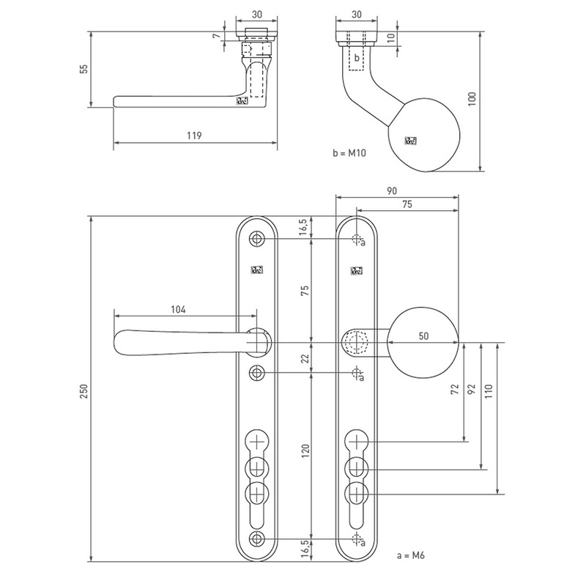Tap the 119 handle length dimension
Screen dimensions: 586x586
pos(194,136)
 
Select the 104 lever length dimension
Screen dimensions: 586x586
pos(179,310)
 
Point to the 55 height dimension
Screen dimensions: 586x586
pos(84,69)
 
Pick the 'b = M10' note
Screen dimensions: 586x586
pos(349,154)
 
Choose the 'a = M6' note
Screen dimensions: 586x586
pos(409,555)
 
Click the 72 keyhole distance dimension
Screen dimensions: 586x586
pos(455,388)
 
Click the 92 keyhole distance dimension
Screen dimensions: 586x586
pos(472,388)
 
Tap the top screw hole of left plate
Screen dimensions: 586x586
pos(256,240)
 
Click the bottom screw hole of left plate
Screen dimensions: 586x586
pos(256,540)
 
